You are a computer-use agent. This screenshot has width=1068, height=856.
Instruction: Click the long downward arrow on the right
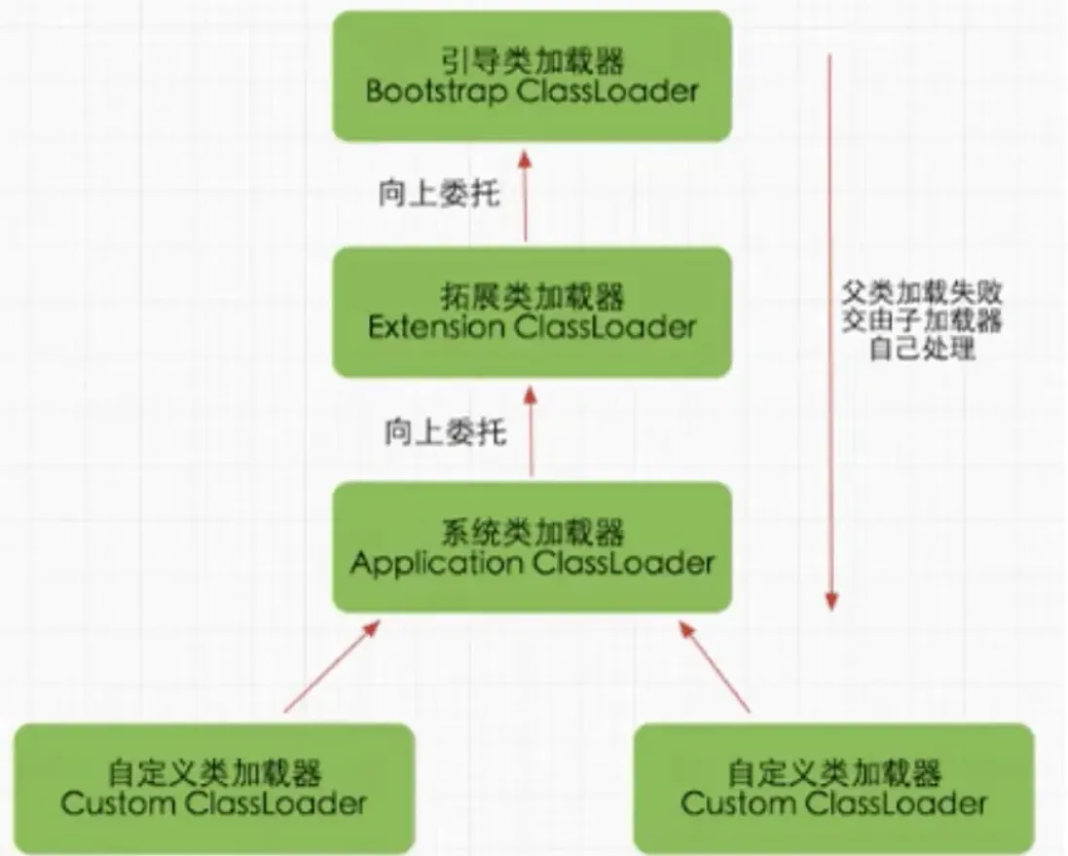point(830,331)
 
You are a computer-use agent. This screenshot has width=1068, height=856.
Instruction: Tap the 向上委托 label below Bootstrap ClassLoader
point(440,194)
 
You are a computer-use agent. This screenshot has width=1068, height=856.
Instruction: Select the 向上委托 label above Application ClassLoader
point(445,431)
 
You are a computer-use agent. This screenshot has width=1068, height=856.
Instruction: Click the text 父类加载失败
point(922,291)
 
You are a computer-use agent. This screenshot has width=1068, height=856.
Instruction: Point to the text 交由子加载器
point(922,319)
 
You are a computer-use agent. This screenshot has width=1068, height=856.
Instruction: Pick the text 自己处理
point(922,348)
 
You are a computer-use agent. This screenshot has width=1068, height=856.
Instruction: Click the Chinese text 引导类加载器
point(532,62)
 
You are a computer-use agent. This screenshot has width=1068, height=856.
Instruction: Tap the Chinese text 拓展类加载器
point(532,296)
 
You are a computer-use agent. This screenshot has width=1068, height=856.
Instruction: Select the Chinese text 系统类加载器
point(532,533)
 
